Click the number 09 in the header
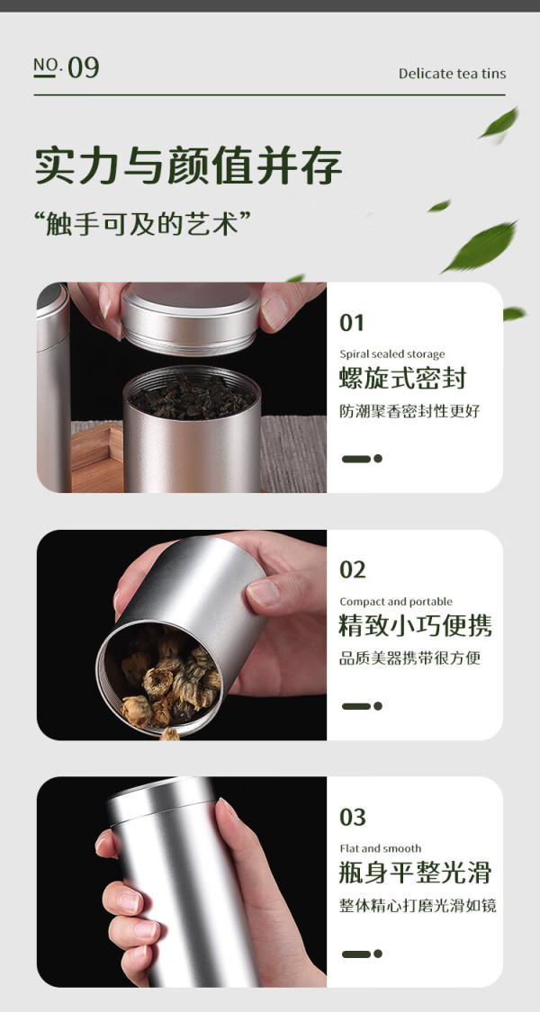(84, 67)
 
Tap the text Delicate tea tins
(452, 74)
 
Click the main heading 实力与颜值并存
(189, 166)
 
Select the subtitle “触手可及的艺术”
(142, 224)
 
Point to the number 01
(352, 323)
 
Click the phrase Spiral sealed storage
(392, 354)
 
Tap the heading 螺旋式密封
(402, 379)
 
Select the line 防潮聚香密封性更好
(410, 411)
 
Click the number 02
(353, 570)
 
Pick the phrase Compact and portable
(396, 602)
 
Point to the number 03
(353, 817)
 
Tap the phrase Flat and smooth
(381, 848)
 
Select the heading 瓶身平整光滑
(415, 873)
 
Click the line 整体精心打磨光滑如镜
(418, 906)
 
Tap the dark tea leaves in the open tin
(191, 396)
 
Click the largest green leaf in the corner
(481, 246)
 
